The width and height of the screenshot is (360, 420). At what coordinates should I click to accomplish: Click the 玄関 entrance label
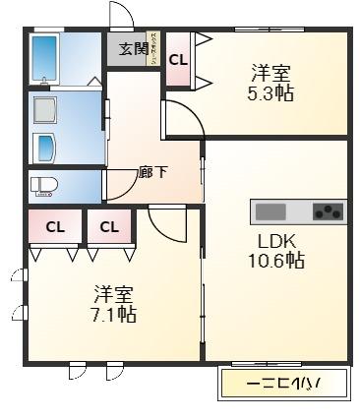134,48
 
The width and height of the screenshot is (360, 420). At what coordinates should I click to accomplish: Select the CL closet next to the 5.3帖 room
178,60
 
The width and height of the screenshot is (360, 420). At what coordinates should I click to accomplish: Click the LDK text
276,241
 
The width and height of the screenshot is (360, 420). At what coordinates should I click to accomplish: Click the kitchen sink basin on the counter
270,211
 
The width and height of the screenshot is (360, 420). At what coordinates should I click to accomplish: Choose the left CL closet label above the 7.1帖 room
55,227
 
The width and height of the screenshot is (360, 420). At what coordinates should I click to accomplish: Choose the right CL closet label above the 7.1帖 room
108,227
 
